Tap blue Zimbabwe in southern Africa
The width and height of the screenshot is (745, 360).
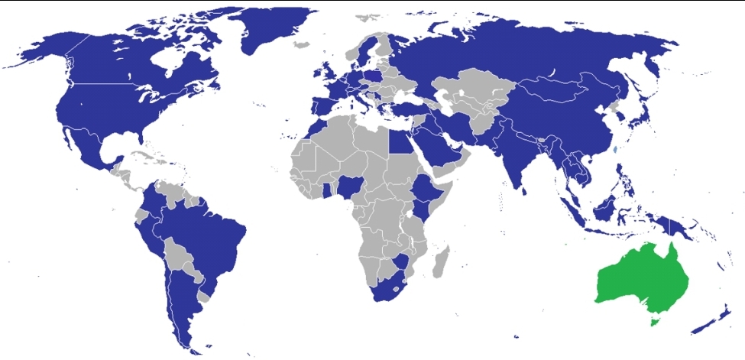(x=400, y=264)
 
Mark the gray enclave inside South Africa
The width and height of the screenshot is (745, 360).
(x=397, y=290)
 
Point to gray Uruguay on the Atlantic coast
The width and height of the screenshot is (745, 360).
(x=202, y=294)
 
